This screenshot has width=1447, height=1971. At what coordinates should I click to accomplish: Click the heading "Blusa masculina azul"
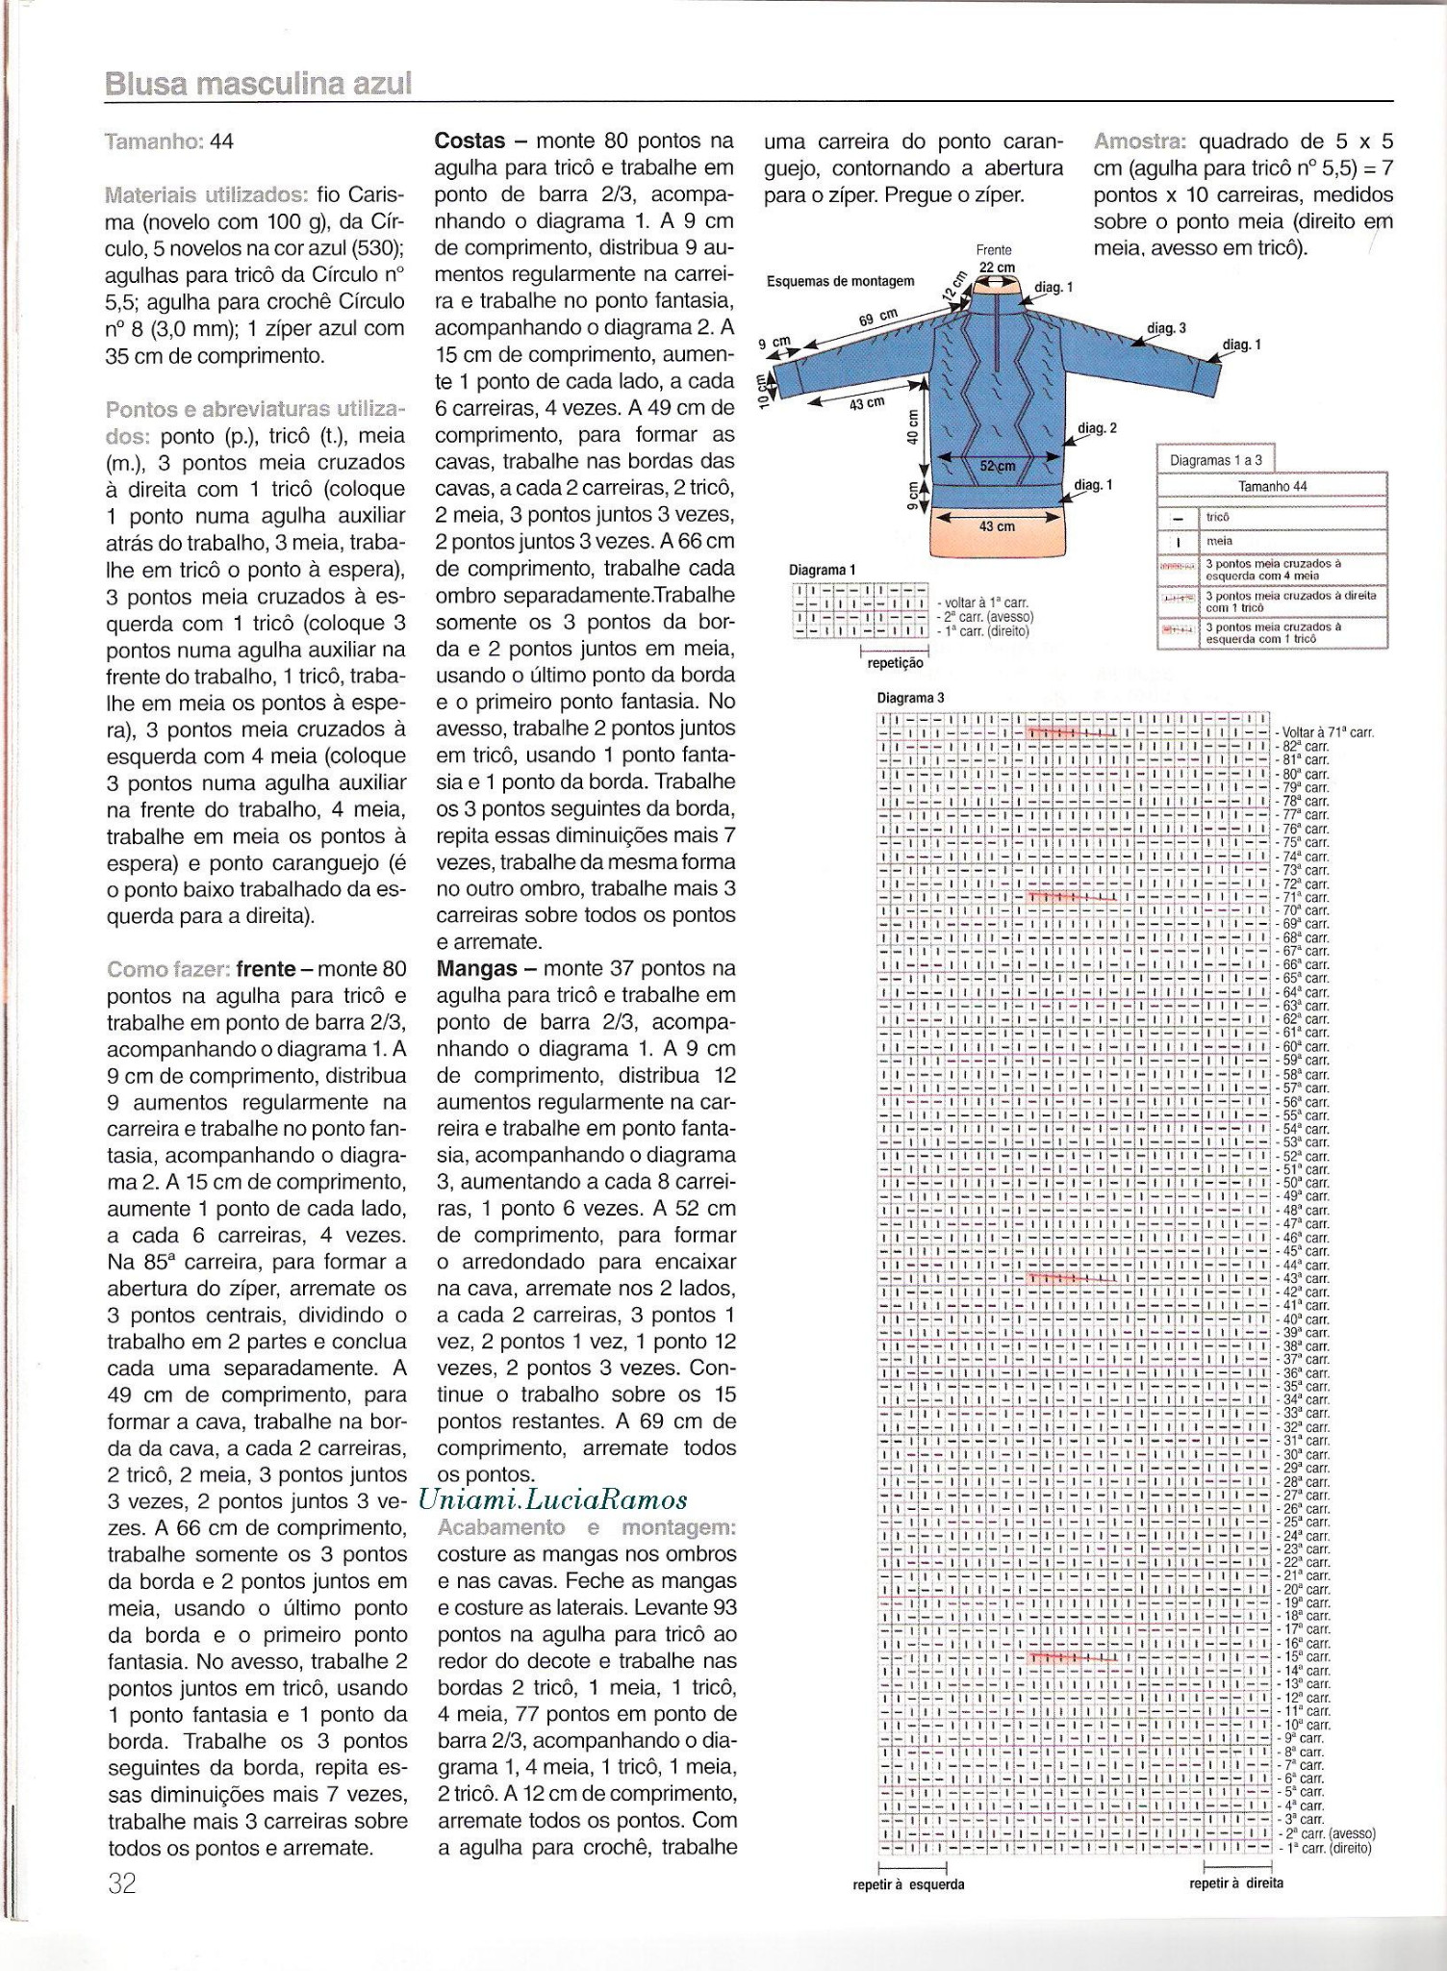(x=258, y=84)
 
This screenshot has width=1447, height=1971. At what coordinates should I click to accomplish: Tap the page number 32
(x=122, y=1883)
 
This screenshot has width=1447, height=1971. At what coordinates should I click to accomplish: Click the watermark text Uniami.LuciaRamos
(x=553, y=1499)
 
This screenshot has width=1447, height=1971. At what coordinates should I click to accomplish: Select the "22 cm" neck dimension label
(x=997, y=268)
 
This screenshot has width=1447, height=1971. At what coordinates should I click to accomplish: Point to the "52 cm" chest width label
(x=998, y=466)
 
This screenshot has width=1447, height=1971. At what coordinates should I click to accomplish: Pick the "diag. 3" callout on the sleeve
(x=1166, y=328)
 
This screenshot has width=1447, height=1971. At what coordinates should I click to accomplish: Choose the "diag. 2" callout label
(x=1097, y=427)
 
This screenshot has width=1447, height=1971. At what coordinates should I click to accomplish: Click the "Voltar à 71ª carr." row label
(x=1328, y=732)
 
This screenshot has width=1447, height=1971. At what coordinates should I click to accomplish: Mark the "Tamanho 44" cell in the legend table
(x=1273, y=486)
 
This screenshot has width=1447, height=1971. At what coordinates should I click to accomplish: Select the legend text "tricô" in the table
(x=1218, y=517)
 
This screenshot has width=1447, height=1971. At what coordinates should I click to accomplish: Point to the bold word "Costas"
(x=470, y=141)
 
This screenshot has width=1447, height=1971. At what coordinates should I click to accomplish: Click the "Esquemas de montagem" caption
(x=840, y=282)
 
